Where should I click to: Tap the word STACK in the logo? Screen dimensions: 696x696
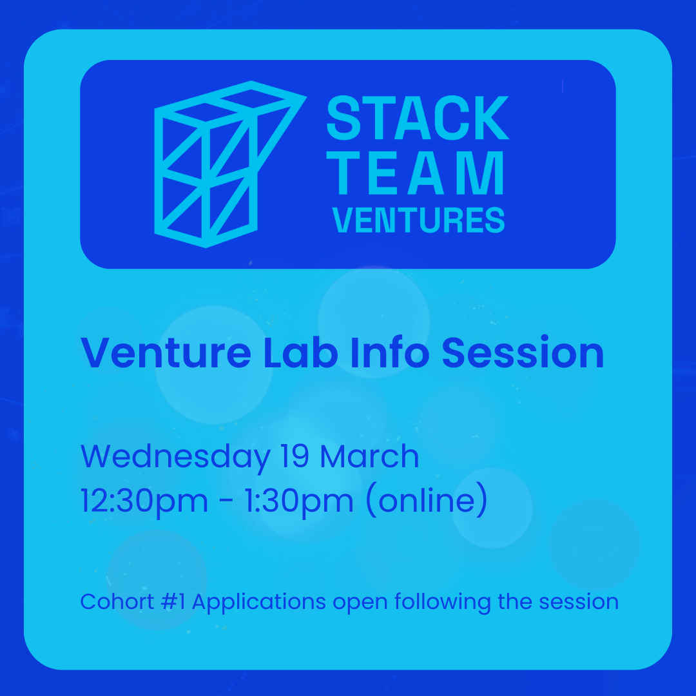coord(418,118)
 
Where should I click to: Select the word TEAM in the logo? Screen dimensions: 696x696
coord(415,173)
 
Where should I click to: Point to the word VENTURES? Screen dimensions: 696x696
coord(419,220)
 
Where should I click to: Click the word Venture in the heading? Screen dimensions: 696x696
coord(166,353)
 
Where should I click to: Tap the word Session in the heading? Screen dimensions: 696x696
coord(523,353)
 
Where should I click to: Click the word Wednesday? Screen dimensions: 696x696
coord(175,457)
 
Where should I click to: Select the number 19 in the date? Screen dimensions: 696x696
coord(295,456)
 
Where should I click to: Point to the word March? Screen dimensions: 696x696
coord(369,456)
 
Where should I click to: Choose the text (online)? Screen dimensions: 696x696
coord(427,501)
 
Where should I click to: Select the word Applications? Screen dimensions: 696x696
coord(259,603)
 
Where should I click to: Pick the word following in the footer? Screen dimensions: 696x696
coord(443,603)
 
